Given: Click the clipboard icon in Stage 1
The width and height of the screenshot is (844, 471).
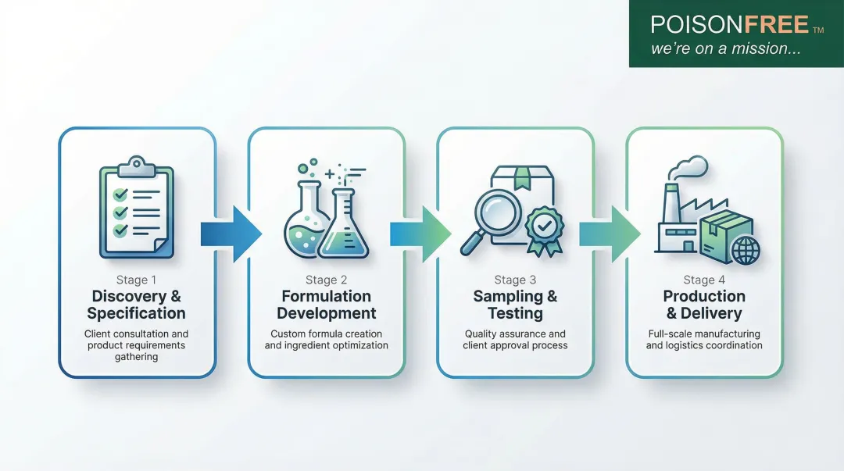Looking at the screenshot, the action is tap(137, 207).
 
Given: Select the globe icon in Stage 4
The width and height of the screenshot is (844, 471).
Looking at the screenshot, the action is tap(746, 250).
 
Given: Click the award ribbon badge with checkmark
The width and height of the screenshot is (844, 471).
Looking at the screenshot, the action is tap(544, 230).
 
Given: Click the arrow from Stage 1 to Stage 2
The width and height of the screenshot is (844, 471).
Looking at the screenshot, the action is tap(231, 234).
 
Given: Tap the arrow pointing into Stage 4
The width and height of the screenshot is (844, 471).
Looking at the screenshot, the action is tap(610, 234).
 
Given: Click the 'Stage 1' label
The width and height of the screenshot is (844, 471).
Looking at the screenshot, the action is tap(136, 280).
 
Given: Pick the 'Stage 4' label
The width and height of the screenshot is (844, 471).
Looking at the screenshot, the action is tap(704, 280).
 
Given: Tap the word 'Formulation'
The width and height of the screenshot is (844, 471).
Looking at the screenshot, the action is tap(326, 296).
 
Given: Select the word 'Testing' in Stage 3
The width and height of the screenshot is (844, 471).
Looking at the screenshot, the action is tap(515, 313).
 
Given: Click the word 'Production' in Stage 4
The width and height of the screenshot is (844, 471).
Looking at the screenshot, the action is tap(704, 296).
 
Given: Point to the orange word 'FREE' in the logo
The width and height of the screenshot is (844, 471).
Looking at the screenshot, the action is tap(776, 24).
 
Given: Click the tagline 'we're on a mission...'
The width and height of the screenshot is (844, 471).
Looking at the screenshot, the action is tap(726, 48).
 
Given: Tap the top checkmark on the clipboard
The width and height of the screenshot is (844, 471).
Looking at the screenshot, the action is tap(120, 194).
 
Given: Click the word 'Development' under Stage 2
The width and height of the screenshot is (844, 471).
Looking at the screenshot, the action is tap(326, 313).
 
